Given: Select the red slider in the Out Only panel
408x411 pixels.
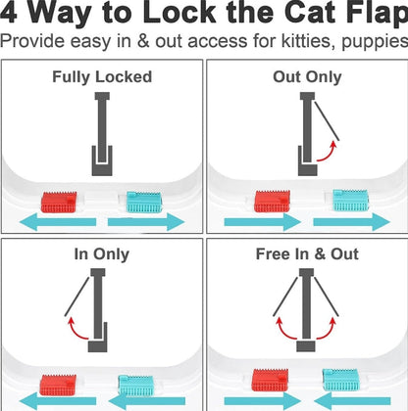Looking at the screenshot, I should point(269,201).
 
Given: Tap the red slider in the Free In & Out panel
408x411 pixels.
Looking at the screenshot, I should point(269,380).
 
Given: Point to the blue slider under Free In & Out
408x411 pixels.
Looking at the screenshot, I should point(347,381).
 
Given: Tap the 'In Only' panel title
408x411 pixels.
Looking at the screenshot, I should point(101,254).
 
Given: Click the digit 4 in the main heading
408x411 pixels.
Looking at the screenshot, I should point(15,16).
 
